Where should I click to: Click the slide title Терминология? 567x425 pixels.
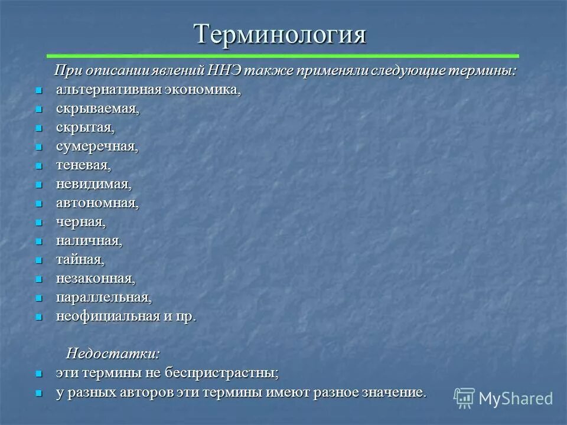click(281, 34)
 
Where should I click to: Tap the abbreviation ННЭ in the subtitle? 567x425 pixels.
click(223, 71)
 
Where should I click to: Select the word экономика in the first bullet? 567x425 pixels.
click(204, 90)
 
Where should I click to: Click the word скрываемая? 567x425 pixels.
click(97, 109)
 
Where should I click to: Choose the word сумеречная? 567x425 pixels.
click(97, 147)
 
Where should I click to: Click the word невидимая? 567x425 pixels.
click(93, 185)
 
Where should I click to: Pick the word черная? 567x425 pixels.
click(81, 223)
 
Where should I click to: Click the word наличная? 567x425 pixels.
click(89, 241)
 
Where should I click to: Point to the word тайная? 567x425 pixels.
click(80, 260)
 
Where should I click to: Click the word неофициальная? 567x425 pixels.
click(108, 316)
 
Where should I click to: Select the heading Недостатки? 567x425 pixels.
click(112, 354)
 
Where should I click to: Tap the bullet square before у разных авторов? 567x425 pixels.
click(39, 393)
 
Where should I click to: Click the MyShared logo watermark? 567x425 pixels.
click(503, 398)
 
